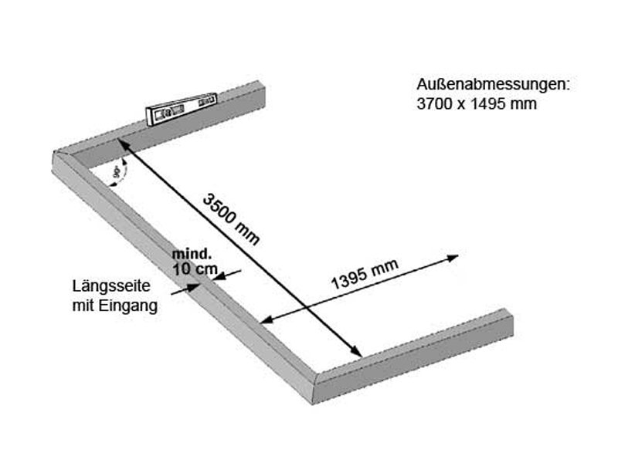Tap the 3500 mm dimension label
(x=231, y=218)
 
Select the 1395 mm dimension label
(x=365, y=274)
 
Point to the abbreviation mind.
(x=191, y=253)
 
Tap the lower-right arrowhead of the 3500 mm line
(x=358, y=353)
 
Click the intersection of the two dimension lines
(x=307, y=308)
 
